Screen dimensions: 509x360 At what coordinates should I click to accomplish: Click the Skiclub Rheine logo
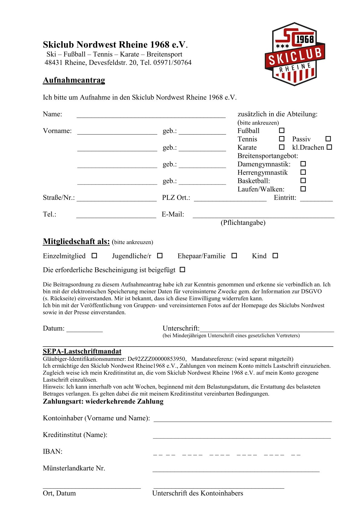(295, 54)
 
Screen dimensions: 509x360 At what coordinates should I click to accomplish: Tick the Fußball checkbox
(282, 130)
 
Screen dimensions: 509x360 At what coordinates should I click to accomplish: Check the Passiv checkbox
(328, 139)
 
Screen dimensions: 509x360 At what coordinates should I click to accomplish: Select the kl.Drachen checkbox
(329, 147)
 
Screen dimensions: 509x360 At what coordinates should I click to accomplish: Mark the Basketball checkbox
(303, 181)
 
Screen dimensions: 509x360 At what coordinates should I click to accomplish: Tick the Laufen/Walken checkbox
(303, 189)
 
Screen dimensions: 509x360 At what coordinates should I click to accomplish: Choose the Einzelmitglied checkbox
(94, 256)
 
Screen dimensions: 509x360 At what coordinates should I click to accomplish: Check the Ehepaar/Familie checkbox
(234, 256)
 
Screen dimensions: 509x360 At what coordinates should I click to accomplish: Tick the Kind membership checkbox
(275, 256)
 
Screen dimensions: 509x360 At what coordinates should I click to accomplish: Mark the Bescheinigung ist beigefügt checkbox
(182, 269)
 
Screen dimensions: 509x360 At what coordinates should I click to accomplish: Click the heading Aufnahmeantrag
(74, 80)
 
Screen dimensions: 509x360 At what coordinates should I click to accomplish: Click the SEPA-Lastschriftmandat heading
(82, 351)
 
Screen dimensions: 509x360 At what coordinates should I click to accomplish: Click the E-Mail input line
(263, 217)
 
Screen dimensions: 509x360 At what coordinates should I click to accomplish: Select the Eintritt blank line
(316, 200)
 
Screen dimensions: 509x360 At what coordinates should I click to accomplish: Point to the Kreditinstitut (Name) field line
(242, 437)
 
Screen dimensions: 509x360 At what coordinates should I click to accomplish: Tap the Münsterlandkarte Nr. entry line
(236, 470)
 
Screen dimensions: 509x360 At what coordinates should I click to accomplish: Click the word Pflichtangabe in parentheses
(243, 223)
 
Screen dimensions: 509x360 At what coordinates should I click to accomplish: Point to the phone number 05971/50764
(172, 63)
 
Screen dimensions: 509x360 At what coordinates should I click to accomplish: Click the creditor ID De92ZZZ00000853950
(157, 359)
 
